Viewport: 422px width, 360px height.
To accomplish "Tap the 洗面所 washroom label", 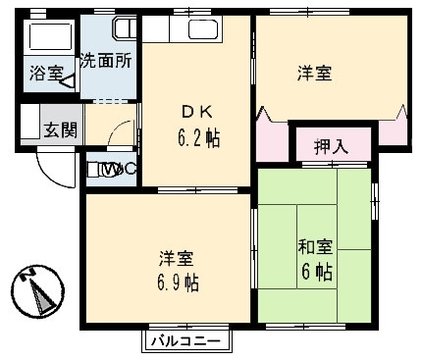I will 107,60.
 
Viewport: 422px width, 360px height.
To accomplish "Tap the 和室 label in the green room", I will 314,244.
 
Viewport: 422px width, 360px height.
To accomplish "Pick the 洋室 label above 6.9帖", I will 178,259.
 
